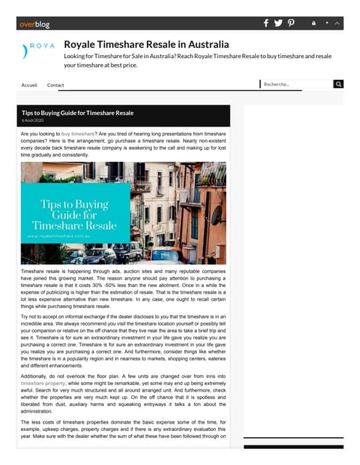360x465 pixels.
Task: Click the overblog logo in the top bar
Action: tap(35, 24)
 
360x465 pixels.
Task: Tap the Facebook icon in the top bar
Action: tap(266, 23)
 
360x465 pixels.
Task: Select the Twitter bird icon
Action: tap(279, 23)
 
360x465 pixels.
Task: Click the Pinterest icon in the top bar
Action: tap(291, 23)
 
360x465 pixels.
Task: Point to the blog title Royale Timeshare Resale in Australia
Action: tap(146, 45)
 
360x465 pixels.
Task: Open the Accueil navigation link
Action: tap(30, 85)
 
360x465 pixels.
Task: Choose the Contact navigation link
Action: tap(55, 85)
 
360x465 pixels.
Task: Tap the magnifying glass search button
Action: tap(338, 84)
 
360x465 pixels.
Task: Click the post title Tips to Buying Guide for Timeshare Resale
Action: tap(78, 113)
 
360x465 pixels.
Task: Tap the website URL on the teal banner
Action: tap(63, 236)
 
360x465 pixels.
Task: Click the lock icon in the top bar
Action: tap(313, 23)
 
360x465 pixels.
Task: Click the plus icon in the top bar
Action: tap(328, 23)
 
